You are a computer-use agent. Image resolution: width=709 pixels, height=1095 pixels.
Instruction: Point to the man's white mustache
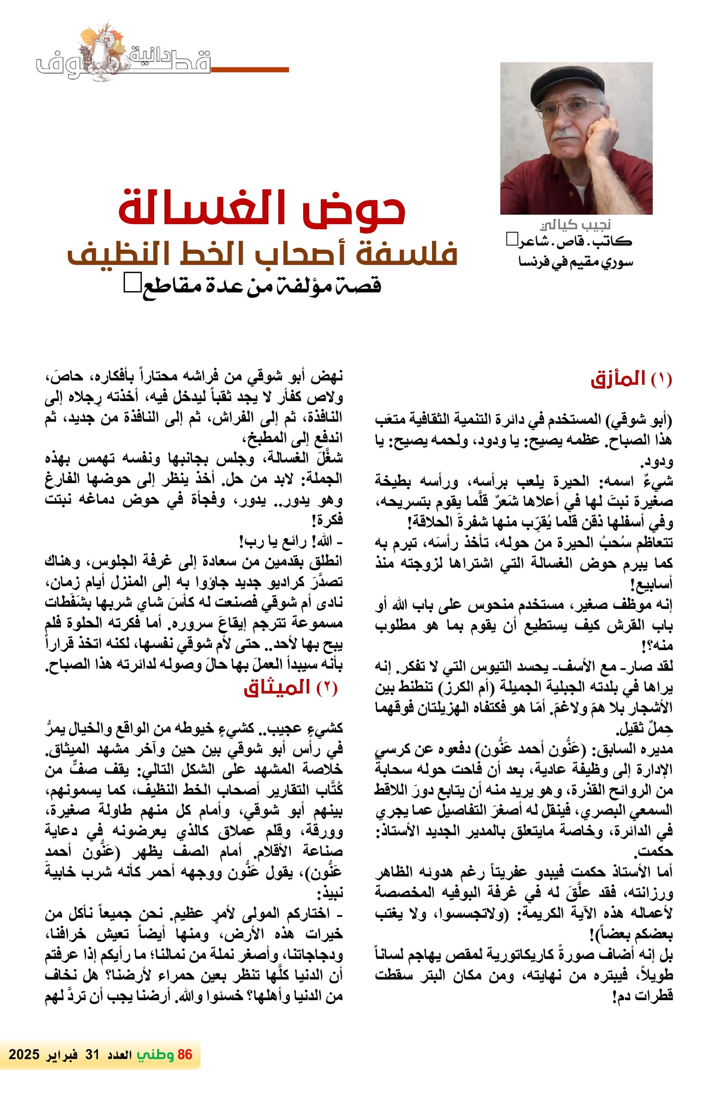tap(566, 134)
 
